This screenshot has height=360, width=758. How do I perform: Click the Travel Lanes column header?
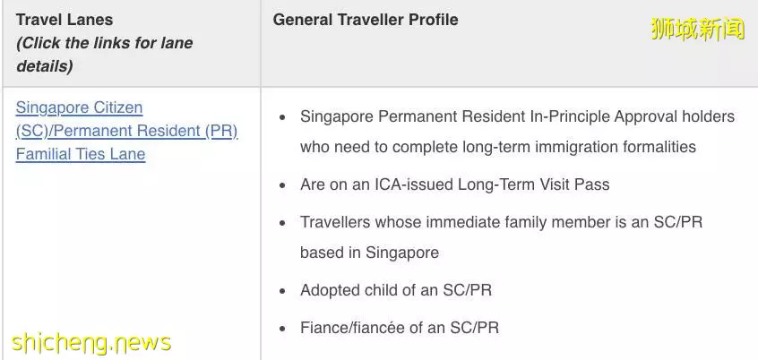tap(65, 20)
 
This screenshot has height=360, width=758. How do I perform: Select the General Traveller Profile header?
tap(366, 20)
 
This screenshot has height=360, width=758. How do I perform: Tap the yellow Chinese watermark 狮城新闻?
tap(698, 29)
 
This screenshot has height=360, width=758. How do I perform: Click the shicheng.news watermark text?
tap(91, 342)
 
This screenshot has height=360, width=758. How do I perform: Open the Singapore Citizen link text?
tap(79, 107)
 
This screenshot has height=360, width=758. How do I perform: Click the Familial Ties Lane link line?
tap(81, 154)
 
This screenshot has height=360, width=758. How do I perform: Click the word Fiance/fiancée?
tap(352, 328)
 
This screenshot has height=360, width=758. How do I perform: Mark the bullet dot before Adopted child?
tap(283, 291)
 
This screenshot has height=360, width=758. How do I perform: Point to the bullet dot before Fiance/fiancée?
tap(283, 329)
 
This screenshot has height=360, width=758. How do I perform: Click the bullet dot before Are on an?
tap(283, 185)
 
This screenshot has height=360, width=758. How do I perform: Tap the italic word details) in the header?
tap(45, 66)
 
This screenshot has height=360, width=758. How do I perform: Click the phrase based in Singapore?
tap(369, 253)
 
